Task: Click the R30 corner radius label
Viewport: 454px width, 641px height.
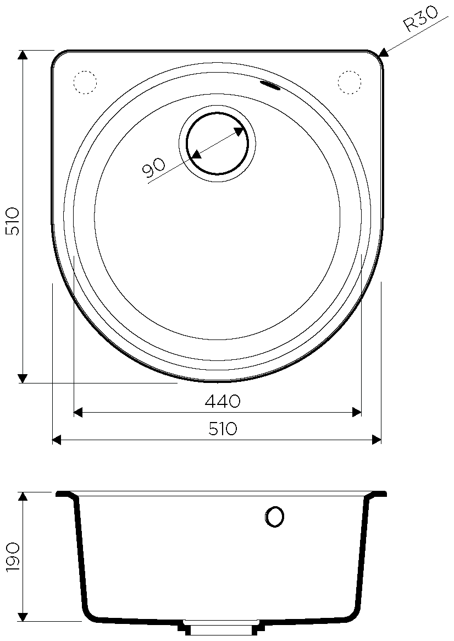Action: [x=420, y=18]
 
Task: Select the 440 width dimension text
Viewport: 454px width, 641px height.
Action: [x=223, y=402]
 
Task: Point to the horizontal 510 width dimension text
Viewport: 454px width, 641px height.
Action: [x=223, y=429]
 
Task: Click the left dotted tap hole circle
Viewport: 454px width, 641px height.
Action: [x=85, y=83]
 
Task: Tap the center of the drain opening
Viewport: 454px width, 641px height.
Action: [x=217, y=144]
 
